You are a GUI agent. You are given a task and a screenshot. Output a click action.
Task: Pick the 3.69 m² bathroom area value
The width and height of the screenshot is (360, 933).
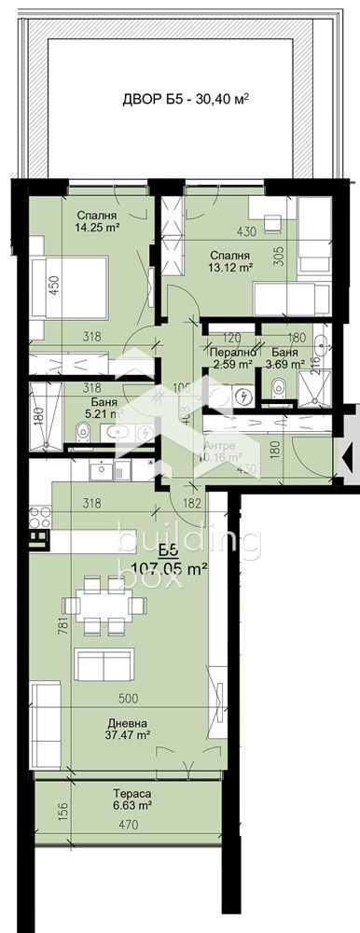[x=286, y=366]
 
